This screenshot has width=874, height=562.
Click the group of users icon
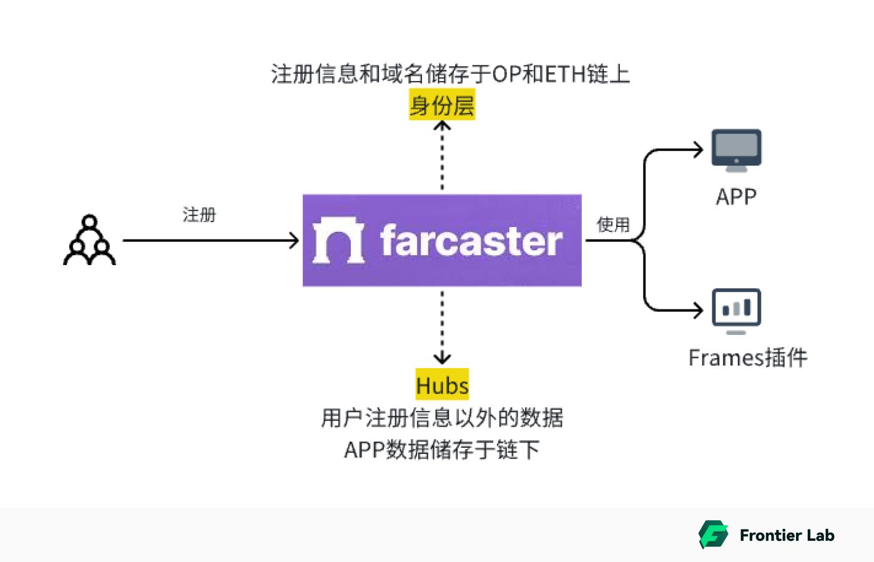click(89, 240)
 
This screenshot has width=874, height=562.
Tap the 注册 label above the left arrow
click(199, 215)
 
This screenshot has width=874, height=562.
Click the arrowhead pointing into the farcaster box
click(293, 240)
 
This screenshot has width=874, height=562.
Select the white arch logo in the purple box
click(338, 240)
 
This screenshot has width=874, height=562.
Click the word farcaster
click(471, 241)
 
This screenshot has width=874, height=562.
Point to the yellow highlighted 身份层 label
click(442, 105)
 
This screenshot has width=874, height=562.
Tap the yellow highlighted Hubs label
click(442, 385)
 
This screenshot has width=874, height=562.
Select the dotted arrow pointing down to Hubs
click(442, 327)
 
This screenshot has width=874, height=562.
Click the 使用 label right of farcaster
click(613, 225)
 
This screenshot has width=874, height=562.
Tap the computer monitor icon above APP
click(736, 150)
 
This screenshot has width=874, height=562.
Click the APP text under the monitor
click(736, 197)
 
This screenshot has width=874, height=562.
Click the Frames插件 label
click(747, 358)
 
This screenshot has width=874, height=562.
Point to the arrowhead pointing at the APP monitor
click(699, 150)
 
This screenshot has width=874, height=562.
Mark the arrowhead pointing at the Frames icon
click(699, 310)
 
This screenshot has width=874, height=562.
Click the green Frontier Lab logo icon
click(713, 535)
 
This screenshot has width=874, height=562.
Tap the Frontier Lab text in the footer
click(787, 535)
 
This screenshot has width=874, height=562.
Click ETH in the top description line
click(566, 74)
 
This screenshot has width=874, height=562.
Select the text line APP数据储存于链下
click(442, 449)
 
